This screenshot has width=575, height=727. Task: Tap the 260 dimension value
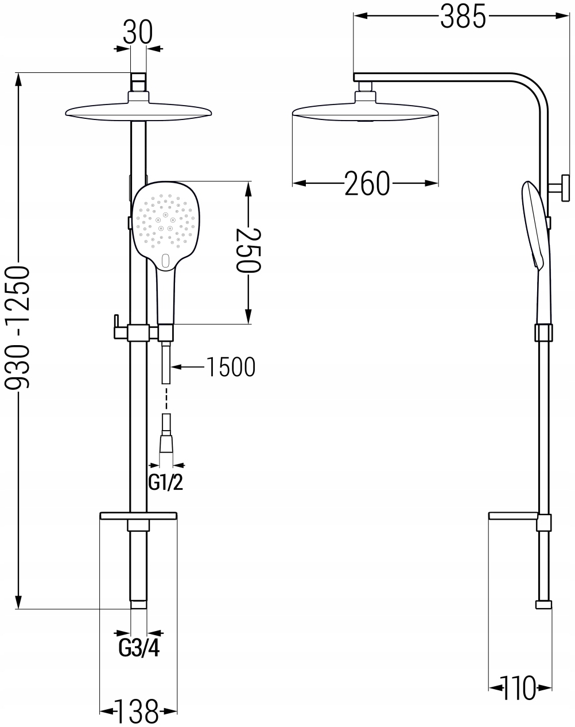(x=367, y=184)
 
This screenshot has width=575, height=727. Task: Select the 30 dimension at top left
(x=138, y=33)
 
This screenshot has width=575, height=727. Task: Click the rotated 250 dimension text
(x=248, y=250)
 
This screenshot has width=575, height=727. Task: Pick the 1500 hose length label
(x=230, y=366)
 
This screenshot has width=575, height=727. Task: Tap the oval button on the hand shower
(x=166, y=261)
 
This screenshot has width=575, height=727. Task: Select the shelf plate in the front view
(x=138, y=516)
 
